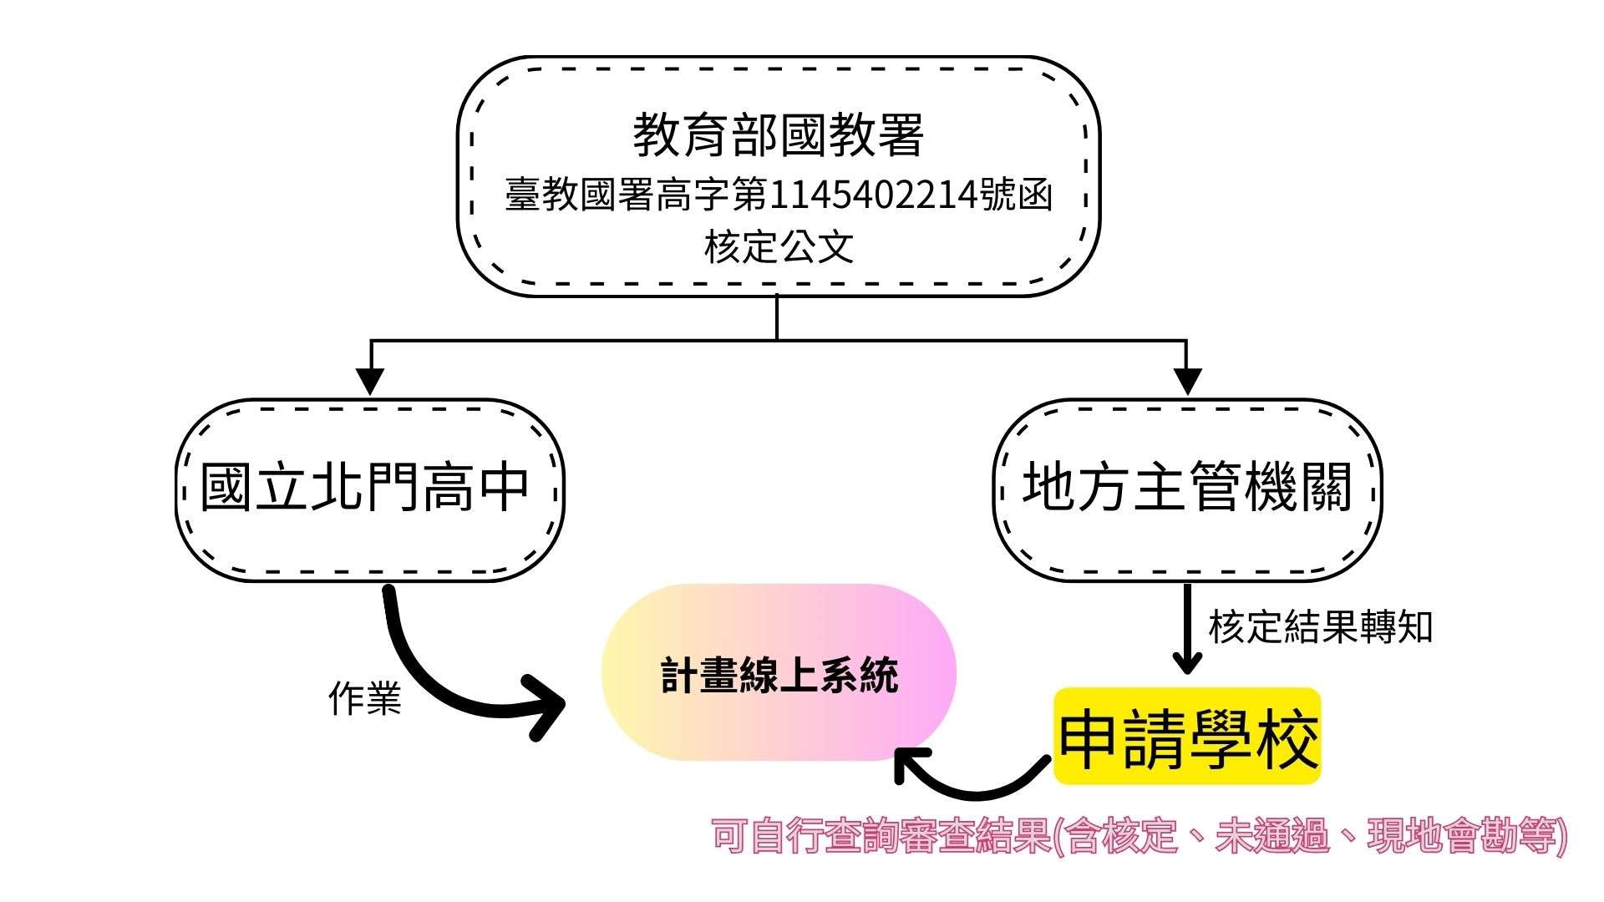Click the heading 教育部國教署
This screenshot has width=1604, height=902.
click(x=778, y=135)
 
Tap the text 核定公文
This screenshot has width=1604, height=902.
click(x=778, y=247)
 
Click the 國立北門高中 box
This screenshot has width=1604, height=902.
click(x=368, y=489)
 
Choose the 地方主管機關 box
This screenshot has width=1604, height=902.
click(x=1187, y=489)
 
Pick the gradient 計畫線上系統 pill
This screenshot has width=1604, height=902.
click(x=778, y=672)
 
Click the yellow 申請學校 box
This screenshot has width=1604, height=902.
click(x=1187, y=737)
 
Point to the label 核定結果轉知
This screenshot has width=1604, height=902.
click(x=1320, y=627)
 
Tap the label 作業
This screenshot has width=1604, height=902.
click(x=365, y=698)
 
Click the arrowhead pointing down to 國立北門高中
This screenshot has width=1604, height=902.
click(x=370, y=381)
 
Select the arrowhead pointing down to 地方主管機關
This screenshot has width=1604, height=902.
click(x=1187, y=381)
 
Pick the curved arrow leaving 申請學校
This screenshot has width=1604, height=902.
click(x=969, y=781)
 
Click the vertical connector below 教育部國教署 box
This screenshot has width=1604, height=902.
click(x=777, y=317)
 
